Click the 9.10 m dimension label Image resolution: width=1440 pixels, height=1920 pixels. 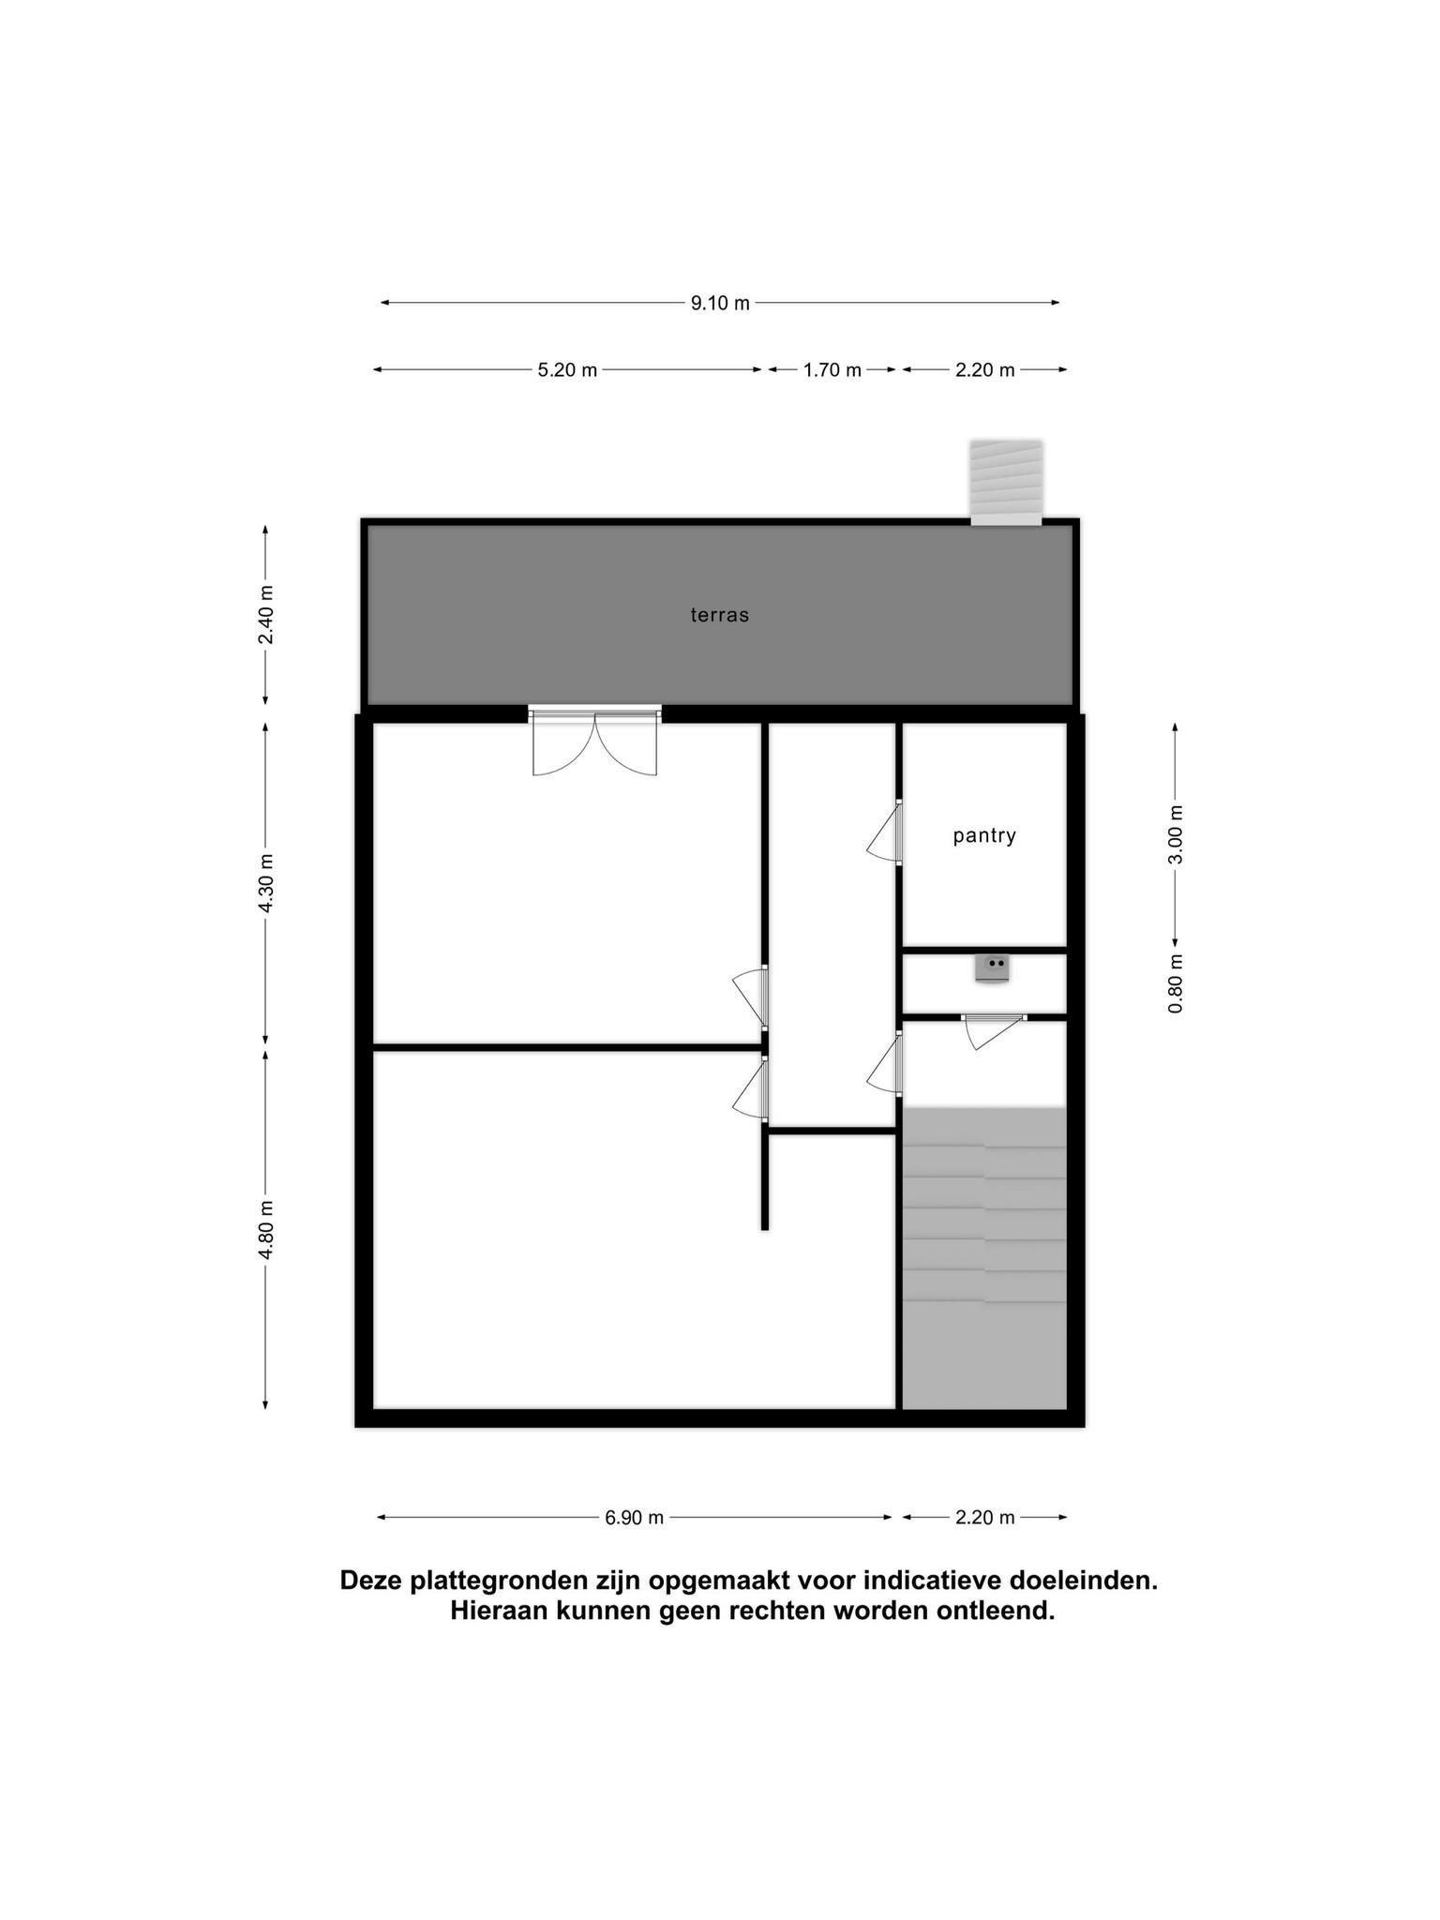coord(720,303)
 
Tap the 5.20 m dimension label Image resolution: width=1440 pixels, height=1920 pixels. coord(567,370)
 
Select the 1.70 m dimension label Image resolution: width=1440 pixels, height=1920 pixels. coord(832,370)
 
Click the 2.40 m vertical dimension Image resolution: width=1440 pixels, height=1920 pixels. coord(266,615)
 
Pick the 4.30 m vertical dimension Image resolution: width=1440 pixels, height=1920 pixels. coord(266,883)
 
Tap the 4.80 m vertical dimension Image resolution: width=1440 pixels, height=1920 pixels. coord(266,1230)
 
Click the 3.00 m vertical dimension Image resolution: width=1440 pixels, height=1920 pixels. coord(1177,833)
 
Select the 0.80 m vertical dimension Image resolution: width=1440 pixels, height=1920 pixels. coord(1177,983)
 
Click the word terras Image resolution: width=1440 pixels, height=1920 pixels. coord(720,616)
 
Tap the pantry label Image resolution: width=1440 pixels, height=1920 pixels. coord(984,835)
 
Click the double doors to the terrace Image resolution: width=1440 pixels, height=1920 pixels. coord(594,742)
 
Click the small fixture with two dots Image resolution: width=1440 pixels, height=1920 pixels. coord(992,967)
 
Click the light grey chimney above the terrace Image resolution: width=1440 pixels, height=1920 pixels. coord(1006,483)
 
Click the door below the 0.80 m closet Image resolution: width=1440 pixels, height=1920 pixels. coord(994,1031)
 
